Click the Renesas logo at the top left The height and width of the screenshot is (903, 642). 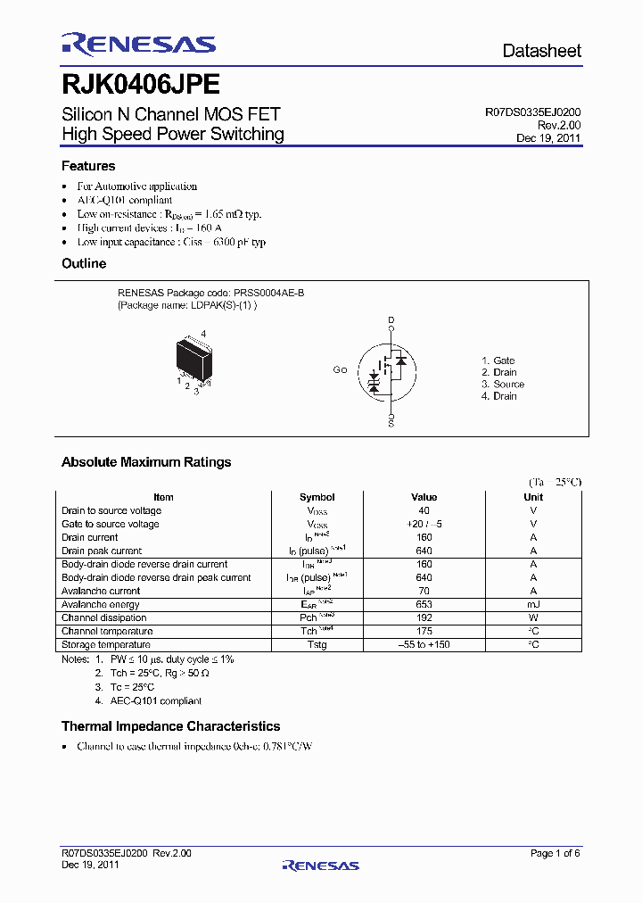(x=138, y=44)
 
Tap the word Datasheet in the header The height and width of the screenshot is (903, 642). (x=541, y=51)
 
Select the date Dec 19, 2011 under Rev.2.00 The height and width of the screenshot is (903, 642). (x=548, y=138)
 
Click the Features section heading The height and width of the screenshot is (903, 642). (x=88, y=166)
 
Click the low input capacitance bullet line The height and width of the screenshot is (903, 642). (x=171, y=242)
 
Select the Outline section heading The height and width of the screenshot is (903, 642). (x=84, y=264)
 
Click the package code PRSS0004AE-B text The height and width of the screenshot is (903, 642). (x=269, y=293)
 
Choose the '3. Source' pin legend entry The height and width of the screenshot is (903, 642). (x=503, y=385)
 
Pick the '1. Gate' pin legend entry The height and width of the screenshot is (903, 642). (x=498, y=360)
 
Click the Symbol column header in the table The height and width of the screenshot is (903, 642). (x=317, y=497)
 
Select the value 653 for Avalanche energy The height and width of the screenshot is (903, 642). (x=424, y=604)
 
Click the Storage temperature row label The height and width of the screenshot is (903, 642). (x=106, y=644)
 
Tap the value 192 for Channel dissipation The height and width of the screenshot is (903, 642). (x=424, y=617)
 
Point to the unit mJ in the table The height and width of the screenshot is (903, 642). (x=533, y=604)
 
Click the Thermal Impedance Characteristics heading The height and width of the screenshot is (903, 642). (x=170, y=726)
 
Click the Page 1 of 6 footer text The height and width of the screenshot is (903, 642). (x=555, y=853)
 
